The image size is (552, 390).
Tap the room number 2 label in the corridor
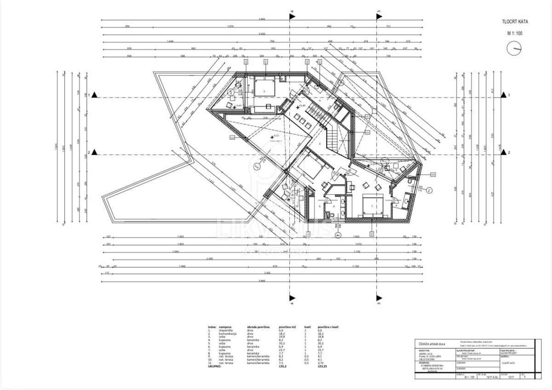(x=320, y=144)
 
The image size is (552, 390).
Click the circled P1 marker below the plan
(x=338, y=235)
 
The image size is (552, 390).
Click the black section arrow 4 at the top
(x=292, y=17)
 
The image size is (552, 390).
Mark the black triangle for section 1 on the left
(x=94, y=95)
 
